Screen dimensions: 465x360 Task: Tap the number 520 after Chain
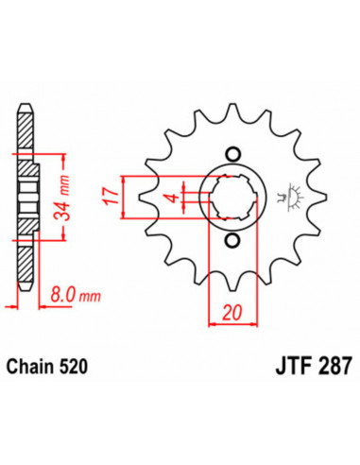(x=73, y=363)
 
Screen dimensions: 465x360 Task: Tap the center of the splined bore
(x=232, y=198)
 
